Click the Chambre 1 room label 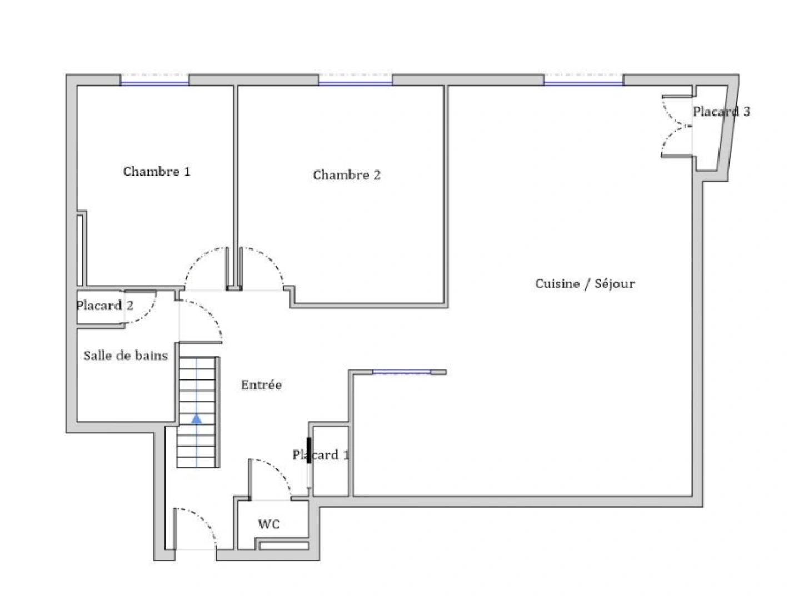[157, 171]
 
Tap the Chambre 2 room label [347, 175]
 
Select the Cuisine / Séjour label [585, 284]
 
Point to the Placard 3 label [721, 112]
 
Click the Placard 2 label [104, 306]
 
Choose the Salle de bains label [126, 356]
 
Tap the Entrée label [261, 385]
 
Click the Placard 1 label [321, 455]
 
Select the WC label [269, 524]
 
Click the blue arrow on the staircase [197, 419]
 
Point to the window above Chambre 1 [155, 82]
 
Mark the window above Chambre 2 [356, 82]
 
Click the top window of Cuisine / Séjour [583, 82]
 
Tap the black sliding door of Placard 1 [309, 450]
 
